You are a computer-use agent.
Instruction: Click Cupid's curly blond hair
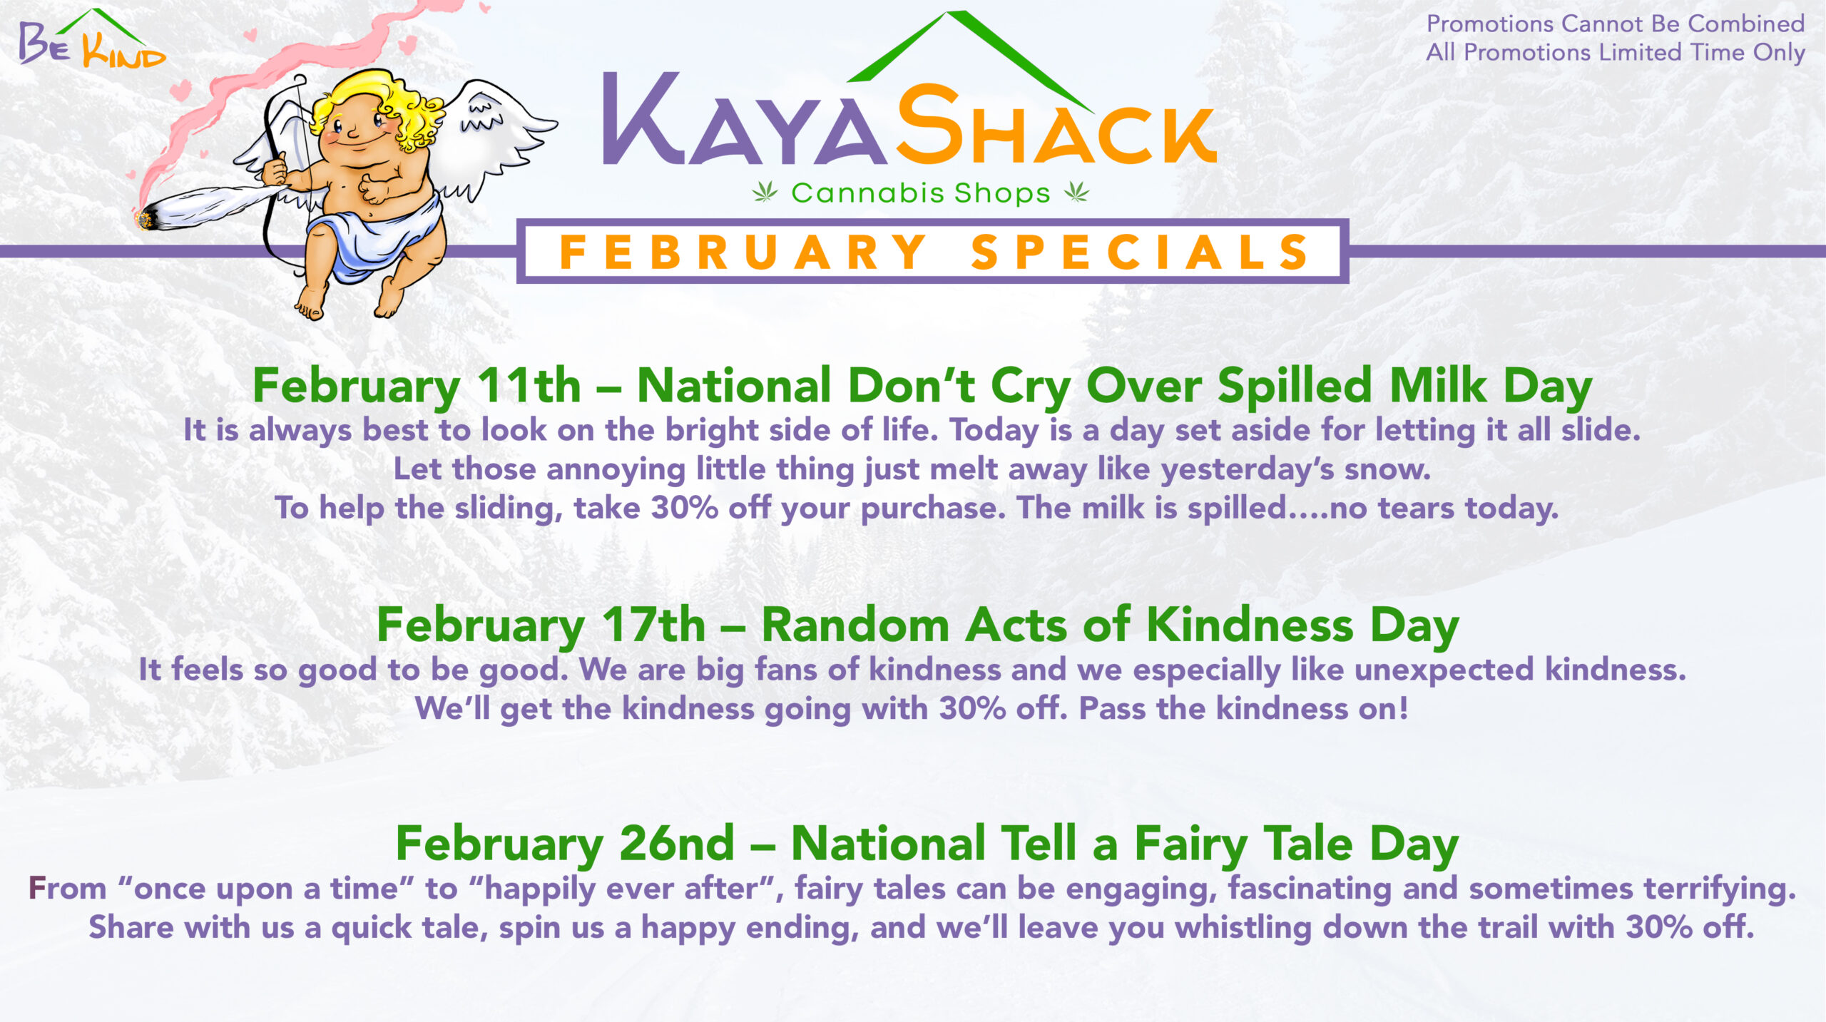pyautogui.click(x=378, y=107)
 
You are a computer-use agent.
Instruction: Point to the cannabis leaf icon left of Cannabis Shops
pyautogui.click(x=765, y=191)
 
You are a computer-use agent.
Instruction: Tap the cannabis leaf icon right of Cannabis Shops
pyautogui.click(x=1077, y=191)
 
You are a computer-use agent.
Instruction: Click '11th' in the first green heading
pyautogui.click(x=529, y=385)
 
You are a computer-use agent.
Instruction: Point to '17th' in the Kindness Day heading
pyautogui.click(x=653, y=625)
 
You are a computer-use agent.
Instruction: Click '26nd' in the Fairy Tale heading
pyautogui.click(x=677, y=843)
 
